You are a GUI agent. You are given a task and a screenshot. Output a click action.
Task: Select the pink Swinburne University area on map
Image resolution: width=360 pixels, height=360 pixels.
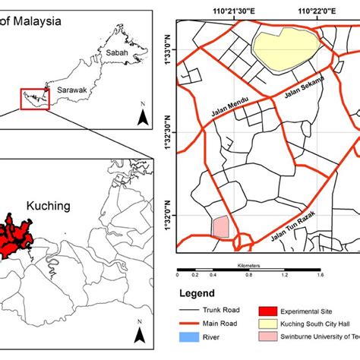coord(220,227)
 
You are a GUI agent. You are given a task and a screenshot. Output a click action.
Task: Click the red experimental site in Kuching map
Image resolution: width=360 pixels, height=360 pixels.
coord(17,229)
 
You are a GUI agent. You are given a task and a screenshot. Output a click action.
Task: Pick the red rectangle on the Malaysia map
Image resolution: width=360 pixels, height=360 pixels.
coord(35,99)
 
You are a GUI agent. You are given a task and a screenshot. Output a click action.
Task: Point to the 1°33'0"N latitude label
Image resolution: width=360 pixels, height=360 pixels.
coord(168,50)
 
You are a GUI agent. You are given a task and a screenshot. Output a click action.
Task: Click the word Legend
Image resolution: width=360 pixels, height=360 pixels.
coord(197,294)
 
